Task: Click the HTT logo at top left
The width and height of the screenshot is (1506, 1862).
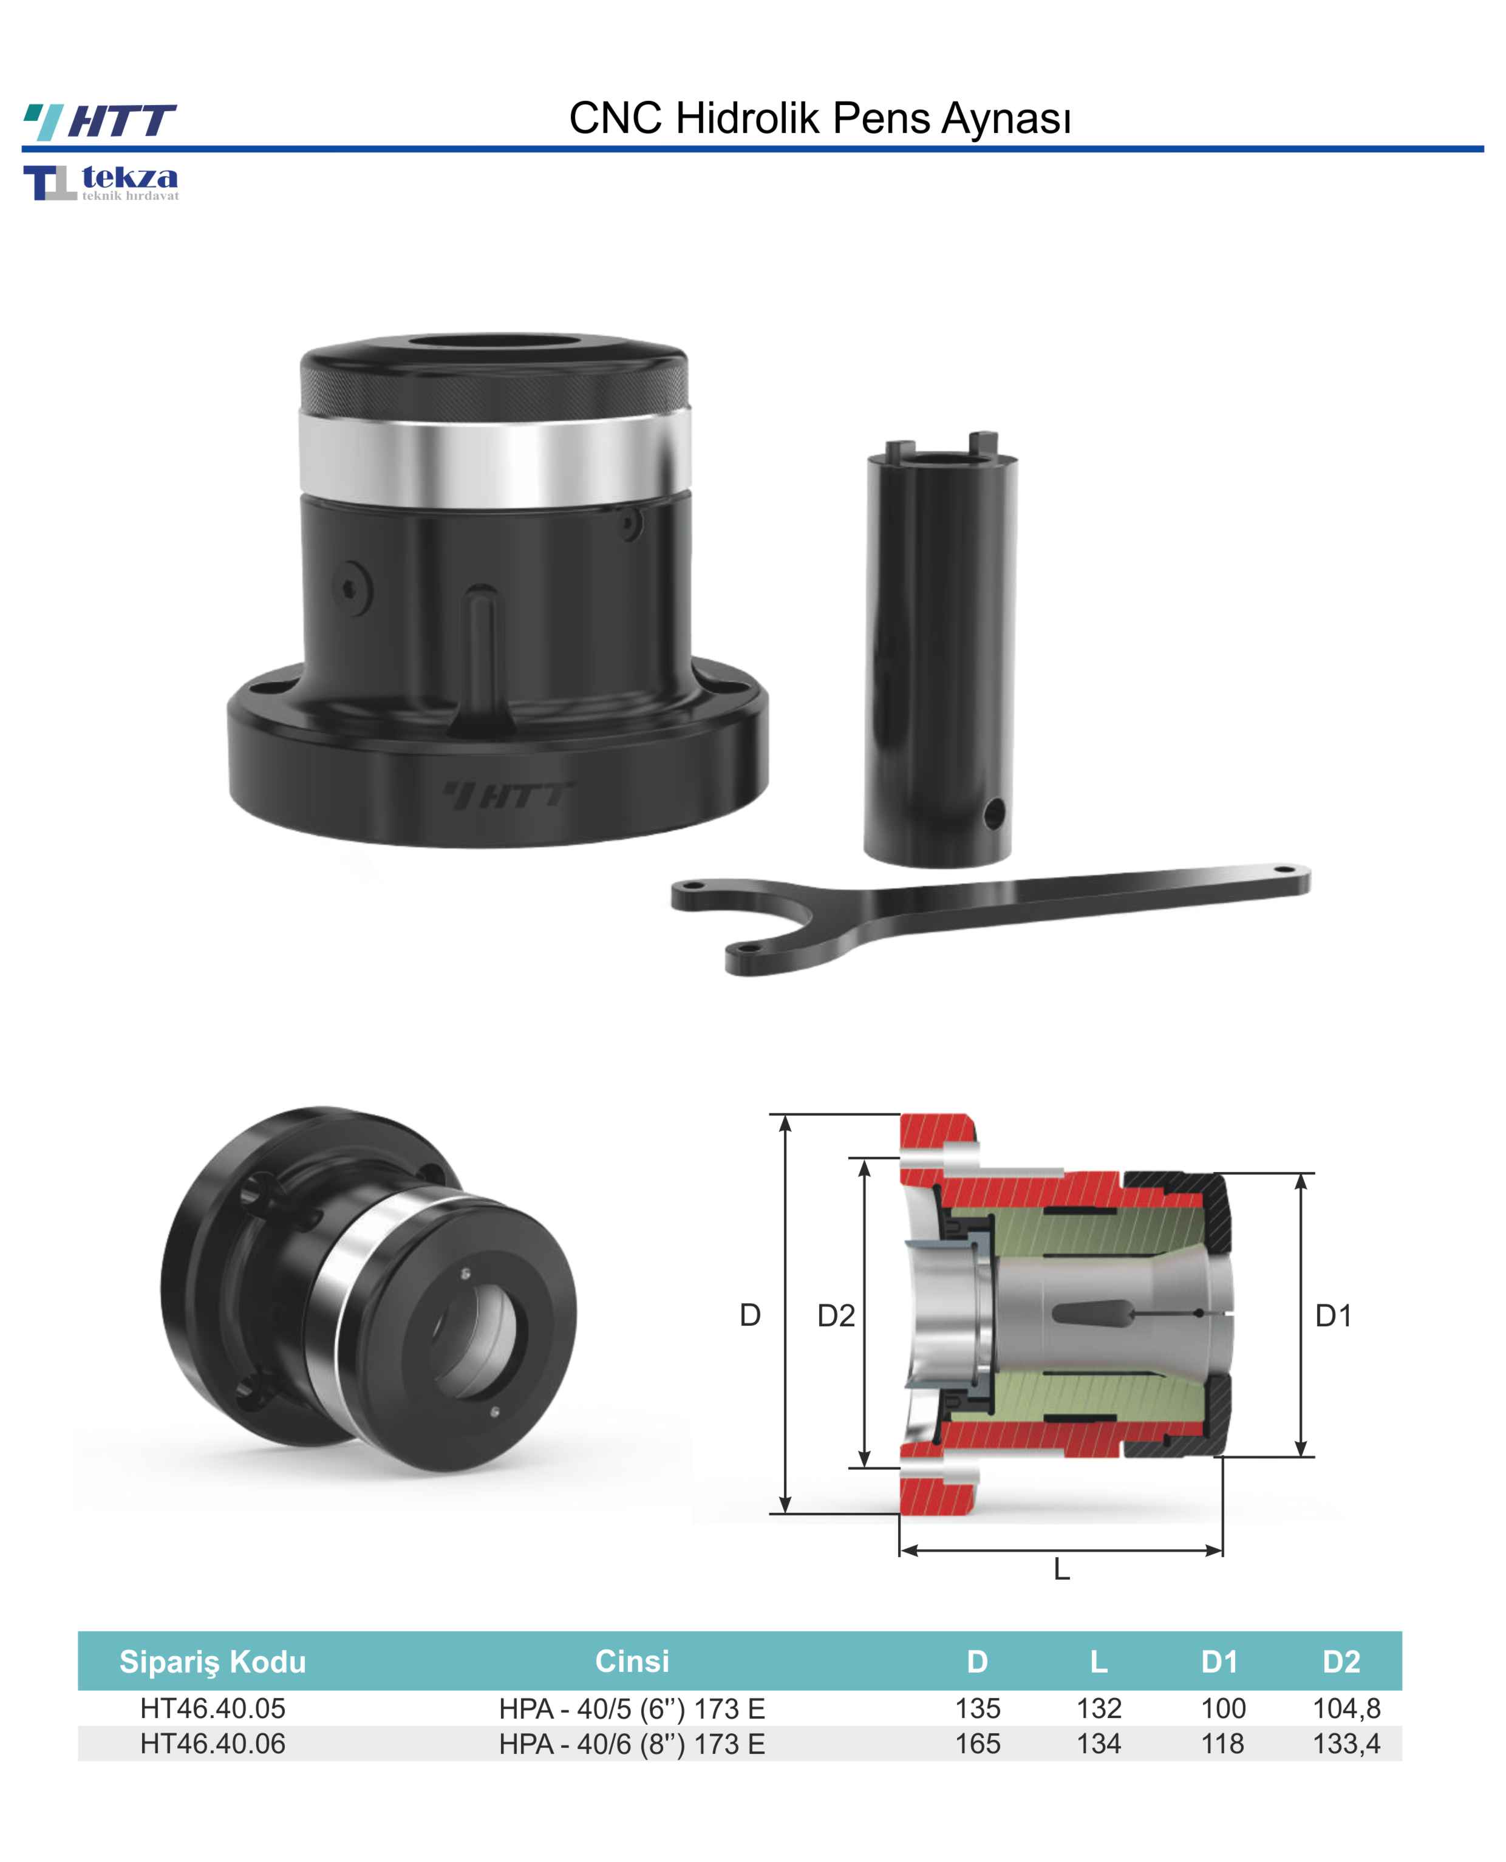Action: [x=100, y=121]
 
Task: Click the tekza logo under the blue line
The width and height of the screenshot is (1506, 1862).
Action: [x=101, y=182]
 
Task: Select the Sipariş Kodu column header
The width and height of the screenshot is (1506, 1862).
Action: [x=213, y=1662]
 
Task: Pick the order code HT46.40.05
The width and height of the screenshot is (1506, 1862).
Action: [x=213, y=1708]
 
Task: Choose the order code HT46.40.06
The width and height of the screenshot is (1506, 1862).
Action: [x=213, y=1743]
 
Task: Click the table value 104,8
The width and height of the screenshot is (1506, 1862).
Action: [x=1346, y=1708]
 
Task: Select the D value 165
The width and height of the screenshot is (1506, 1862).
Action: [x=977, y=1743]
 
